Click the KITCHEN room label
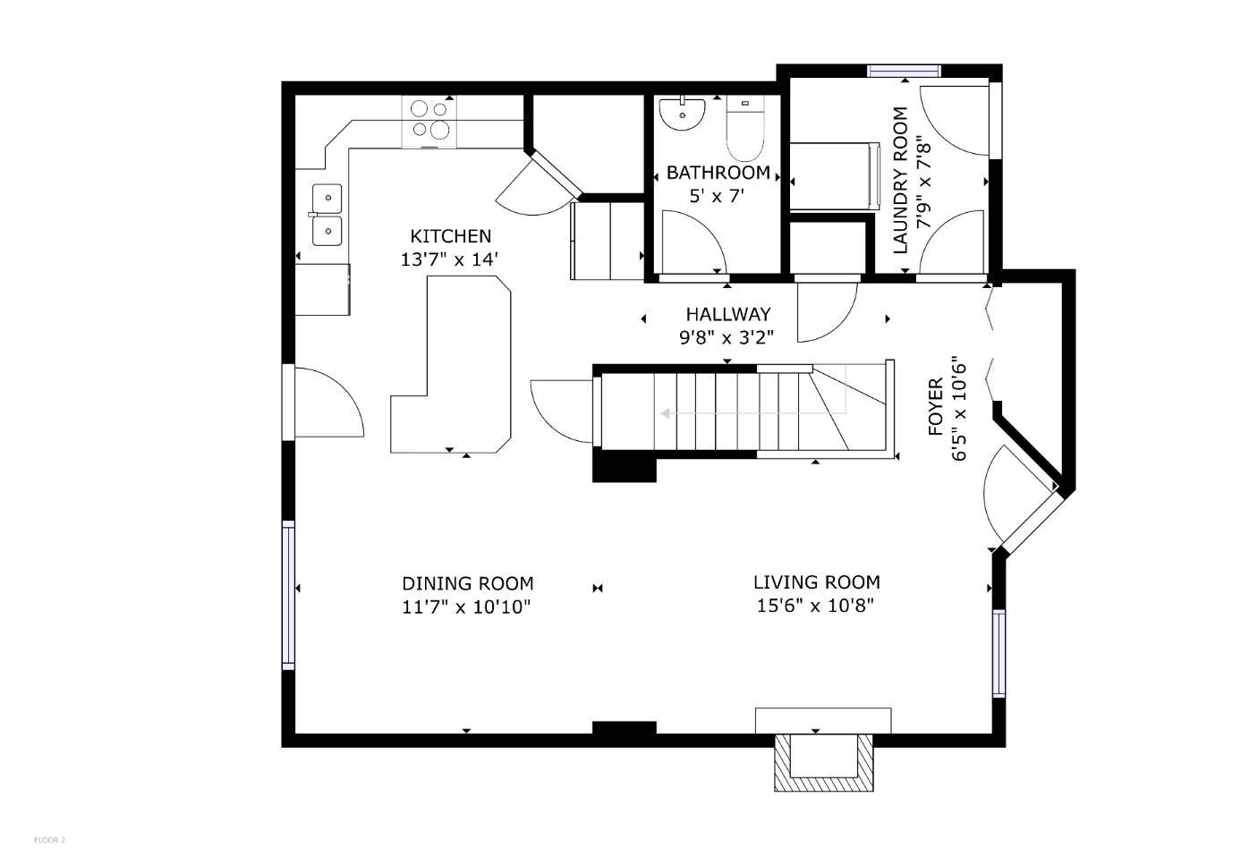tap(450, 236)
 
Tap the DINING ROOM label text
tap(467, 583)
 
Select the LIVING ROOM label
tap(816, 582)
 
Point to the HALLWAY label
tap(727, 314)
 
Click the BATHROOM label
tap(718, 173)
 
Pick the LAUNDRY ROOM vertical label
tap(900, 180)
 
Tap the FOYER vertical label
tap(935, 407)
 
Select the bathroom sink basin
tap(682, 115)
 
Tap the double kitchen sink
tap(327, 215)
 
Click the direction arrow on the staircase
tap(667, 413)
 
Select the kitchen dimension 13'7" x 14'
tap(449, 259)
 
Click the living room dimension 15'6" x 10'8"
tap(815, 606)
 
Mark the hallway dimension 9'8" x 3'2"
tap(726, 337)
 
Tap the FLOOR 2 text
tap(49, 840)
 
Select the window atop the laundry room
tap(905, 71)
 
